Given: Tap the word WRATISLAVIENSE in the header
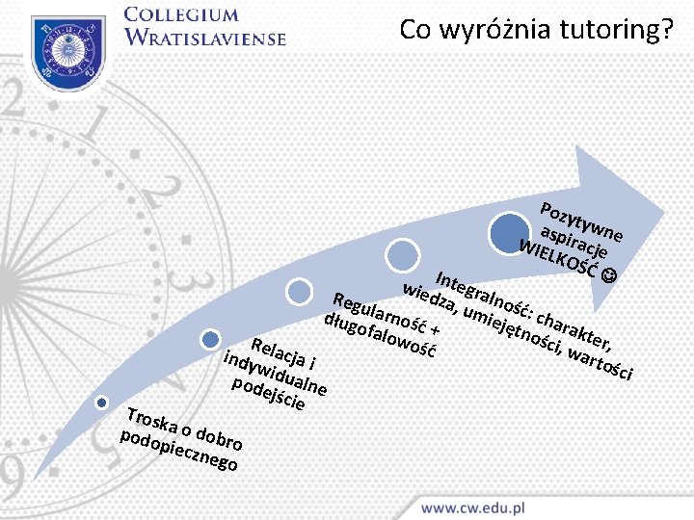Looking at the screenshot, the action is click(x=205, y=39).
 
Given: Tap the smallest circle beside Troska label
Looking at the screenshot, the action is click(x=101, y=402).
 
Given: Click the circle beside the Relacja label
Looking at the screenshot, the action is click(x=211, y=338).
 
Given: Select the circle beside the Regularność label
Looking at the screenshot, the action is click(x=302, y=291).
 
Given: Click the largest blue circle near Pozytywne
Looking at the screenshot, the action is click(x=508, y=234).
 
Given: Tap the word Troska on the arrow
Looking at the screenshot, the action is click(x=149, y=420).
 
